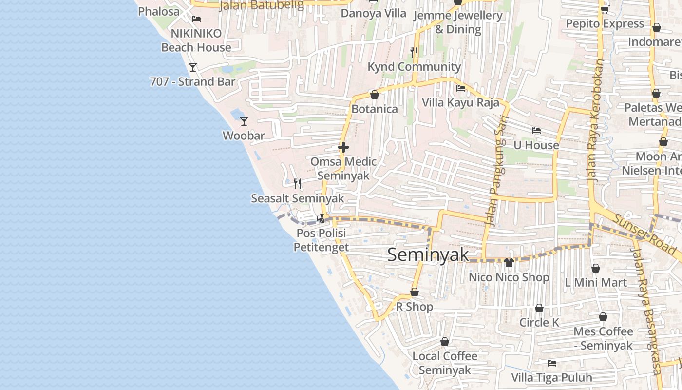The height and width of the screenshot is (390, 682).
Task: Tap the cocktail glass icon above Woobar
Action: click(244, 121)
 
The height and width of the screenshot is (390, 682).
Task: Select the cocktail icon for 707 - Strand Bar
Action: click(193, 67)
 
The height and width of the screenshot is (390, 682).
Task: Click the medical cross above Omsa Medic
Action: click(343, 147)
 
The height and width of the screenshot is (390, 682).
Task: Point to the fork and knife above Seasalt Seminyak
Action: click(298, 184)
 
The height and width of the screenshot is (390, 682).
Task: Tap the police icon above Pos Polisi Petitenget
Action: click(321, 219)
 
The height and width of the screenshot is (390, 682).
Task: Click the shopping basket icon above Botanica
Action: click(375, 95)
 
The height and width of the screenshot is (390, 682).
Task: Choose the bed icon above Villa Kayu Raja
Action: click(460, 88)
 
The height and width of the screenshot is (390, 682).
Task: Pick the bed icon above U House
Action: click(536, 131)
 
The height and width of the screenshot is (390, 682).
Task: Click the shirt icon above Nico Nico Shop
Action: click(509, 263)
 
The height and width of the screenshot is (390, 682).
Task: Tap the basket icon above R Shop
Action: click(415, 292)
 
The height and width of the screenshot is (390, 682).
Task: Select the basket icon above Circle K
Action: click(539, 308)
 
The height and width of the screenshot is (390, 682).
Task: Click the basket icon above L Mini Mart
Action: click(596, 268)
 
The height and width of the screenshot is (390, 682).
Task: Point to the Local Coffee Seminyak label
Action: click(445, 363)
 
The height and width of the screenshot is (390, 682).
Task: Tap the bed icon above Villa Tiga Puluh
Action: click(552, 363)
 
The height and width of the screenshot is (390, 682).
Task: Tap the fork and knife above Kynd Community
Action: click(414, 52)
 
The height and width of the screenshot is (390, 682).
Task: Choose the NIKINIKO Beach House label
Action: click(196, 40)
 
